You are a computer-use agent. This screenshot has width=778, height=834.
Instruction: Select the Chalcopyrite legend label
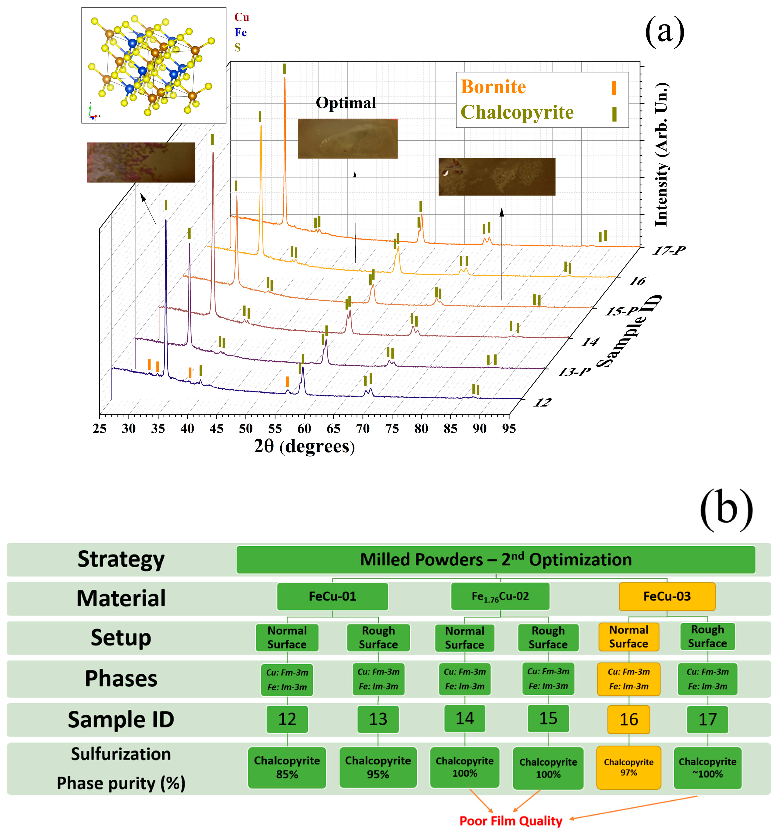point(517,112)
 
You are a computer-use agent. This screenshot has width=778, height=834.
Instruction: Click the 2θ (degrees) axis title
point(304,446)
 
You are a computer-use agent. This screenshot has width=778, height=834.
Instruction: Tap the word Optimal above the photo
point(346,103)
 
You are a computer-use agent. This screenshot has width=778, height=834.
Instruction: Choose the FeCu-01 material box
point(332,596)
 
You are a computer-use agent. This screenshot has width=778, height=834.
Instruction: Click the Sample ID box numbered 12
point(287,719)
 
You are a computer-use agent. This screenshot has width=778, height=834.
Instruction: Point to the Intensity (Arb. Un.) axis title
point(661,154)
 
